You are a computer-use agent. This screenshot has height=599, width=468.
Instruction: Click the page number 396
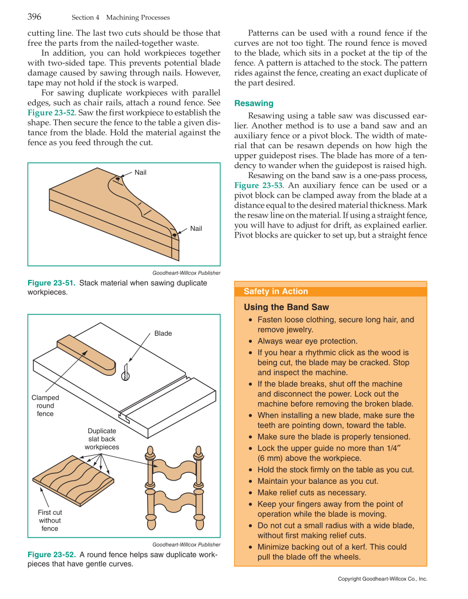pyautogui.click(x=34, y=17)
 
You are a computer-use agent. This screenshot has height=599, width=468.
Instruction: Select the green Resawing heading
pyautogui.click(x=254, y=103)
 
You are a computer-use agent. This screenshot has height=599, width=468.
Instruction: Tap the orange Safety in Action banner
pyautogui.click(x=331, y=292)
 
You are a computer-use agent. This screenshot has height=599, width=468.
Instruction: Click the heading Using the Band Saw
pyautogui.click(x=286, y=307)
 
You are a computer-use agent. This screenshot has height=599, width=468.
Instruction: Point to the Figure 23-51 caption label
pyautogui.click(x=52, y=283)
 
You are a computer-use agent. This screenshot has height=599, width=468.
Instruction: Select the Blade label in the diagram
pyautogui.click(x=163, y=333)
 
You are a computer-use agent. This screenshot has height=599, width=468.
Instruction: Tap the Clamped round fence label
pyautogui.click(x=45, y=406)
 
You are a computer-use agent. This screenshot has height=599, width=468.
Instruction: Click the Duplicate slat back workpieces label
pyautogui.click(x=102, y=439)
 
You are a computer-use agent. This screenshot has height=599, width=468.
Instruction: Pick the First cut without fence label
pyautogui.click(x=50, y=520)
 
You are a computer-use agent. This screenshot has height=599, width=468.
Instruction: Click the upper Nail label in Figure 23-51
pyautogui.click(x=141, y=172)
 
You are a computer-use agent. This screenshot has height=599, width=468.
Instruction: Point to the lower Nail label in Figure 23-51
pyautogui.click(x=196, y=228)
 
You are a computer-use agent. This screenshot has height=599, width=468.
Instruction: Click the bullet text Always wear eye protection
pyautogui.click(x=307, y=341)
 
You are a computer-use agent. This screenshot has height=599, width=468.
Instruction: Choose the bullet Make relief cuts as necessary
pyautogui.click(x=311, y=493)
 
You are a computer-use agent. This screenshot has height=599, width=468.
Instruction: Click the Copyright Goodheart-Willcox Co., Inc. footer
pyautogui.click(x=382, y=579)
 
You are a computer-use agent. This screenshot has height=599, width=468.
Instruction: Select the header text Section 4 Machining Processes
pyautogui.click(x=120, y=18)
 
